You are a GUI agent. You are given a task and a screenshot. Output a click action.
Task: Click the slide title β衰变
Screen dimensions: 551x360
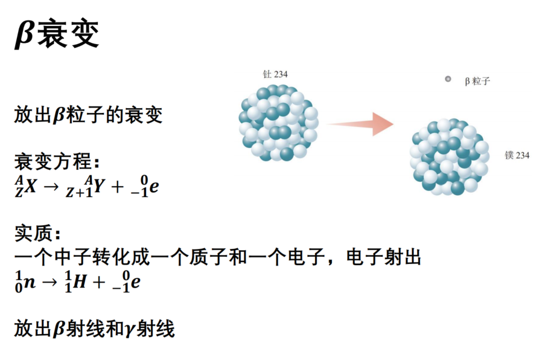[x=57, y=33]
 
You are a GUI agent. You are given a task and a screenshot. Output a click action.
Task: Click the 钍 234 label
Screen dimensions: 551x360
[x=275, y=74]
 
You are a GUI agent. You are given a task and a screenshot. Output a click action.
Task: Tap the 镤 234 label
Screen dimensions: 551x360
[x=517, y=155]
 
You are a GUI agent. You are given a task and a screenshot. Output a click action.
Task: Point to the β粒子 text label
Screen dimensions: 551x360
[x=477, y=81]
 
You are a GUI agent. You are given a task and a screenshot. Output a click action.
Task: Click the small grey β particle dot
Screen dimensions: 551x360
[x=448, y=79]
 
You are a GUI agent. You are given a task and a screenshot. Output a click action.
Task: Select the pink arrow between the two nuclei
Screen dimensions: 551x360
[x=360, y=124]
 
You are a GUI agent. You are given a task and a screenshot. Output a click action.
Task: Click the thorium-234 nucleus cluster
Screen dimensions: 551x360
[x=278, y=123]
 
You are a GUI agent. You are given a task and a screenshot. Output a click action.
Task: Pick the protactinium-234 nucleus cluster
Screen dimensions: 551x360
[x=450, y=157]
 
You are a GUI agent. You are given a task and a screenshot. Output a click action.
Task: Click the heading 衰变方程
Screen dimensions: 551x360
[x=57, y=162]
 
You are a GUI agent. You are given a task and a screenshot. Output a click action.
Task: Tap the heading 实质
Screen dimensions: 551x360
[x=37, y=233]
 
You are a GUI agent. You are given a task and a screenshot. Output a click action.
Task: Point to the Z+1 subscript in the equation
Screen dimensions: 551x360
[x=79, y=192]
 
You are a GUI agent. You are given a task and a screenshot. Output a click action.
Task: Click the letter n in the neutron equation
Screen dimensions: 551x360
[x=30, y=282]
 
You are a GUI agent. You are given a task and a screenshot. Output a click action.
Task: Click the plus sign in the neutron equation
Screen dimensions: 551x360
[x=99, y=281]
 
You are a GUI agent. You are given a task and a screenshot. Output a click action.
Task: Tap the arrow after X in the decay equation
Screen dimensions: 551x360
[x=51, y=186]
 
